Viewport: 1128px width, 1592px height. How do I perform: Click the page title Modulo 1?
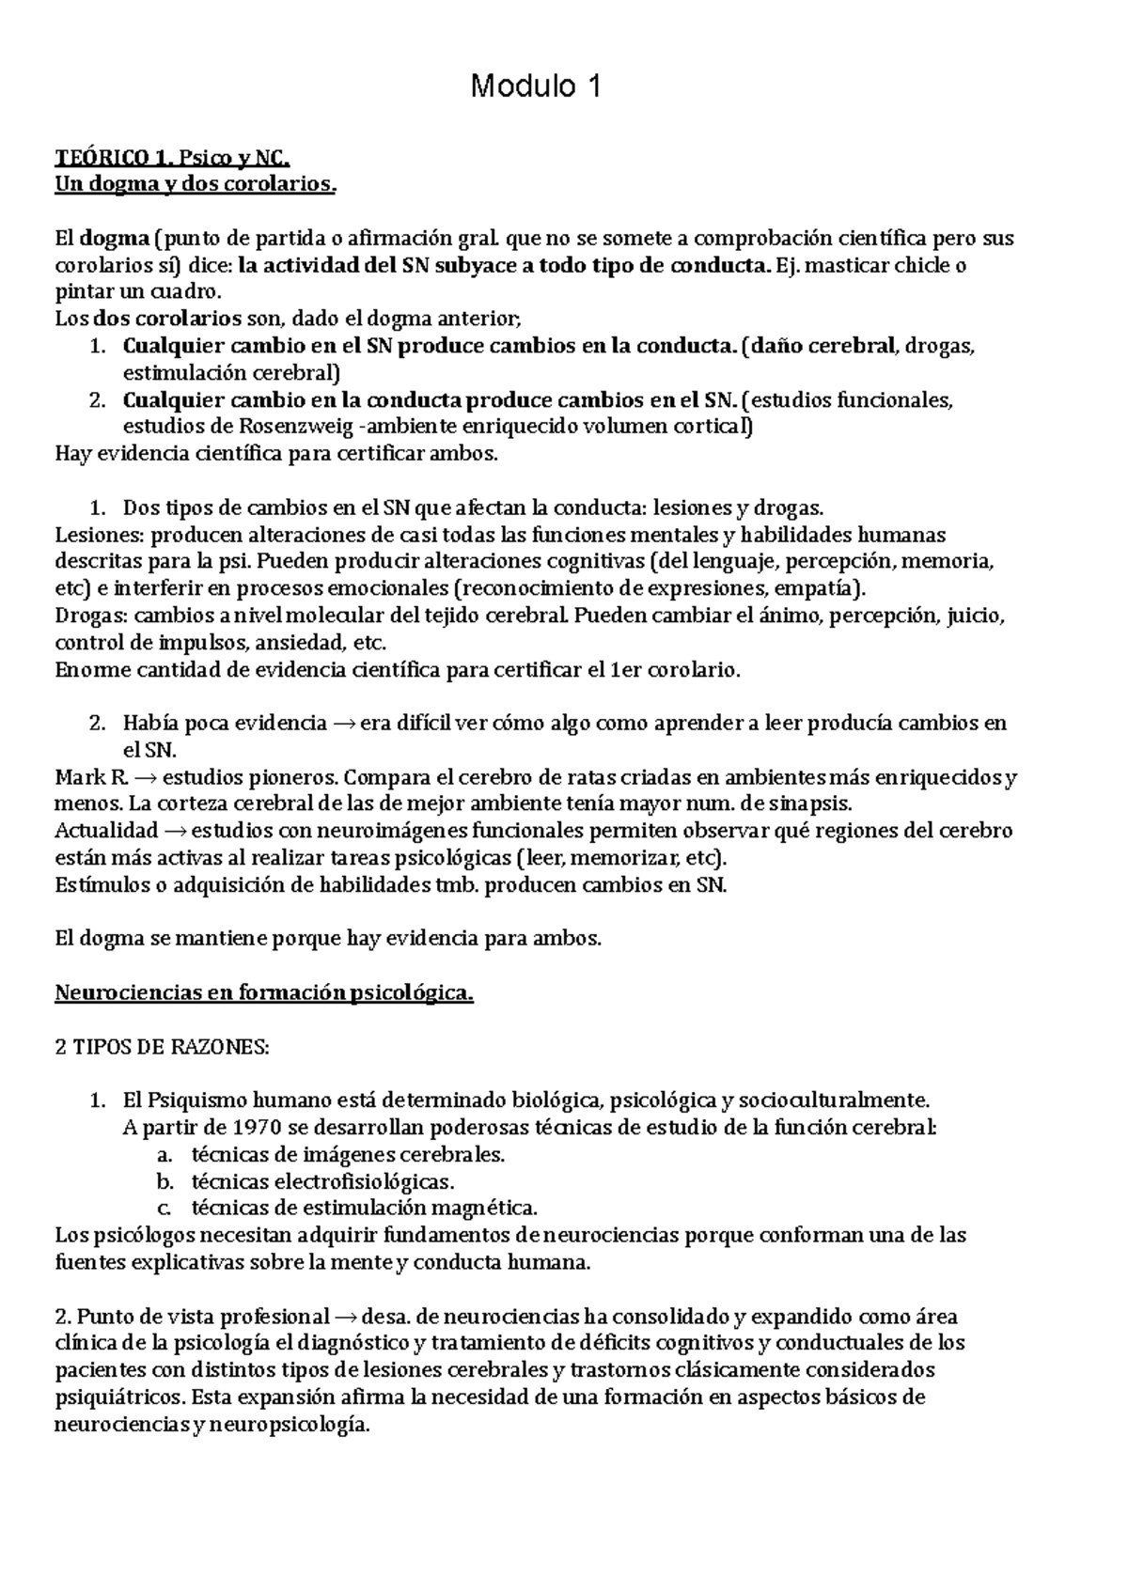[x=535, y=87]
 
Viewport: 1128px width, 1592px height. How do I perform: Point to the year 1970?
[x=227, y=1127]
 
